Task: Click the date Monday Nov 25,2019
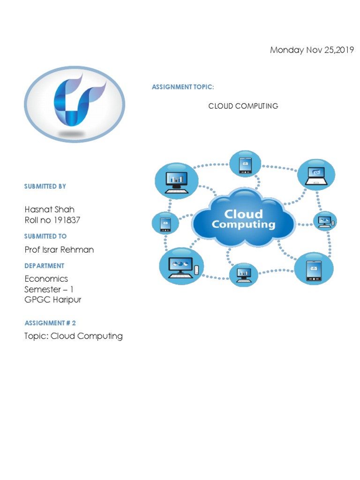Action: point(312,50)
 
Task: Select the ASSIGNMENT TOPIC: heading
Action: point(183,87)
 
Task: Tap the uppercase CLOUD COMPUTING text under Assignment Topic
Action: point(243,106)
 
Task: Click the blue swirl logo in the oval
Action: point(79,100)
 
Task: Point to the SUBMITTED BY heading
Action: point(45,187)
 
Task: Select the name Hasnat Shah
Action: point(50,210)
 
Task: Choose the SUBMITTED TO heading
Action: point(45,236)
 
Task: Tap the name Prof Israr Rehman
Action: point(59,249)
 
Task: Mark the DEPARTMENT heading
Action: point(45,266)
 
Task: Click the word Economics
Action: point(46,278)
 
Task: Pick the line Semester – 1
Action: point(49,289)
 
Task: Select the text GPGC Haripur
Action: point(52,300)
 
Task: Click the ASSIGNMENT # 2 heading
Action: point(50,323)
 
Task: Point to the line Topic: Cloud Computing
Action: point(74,336)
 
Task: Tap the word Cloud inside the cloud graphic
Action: point(243,214)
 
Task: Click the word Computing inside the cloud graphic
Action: point(243,225)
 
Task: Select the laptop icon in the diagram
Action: point(316,176)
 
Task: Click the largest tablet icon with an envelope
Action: point(314,270)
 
